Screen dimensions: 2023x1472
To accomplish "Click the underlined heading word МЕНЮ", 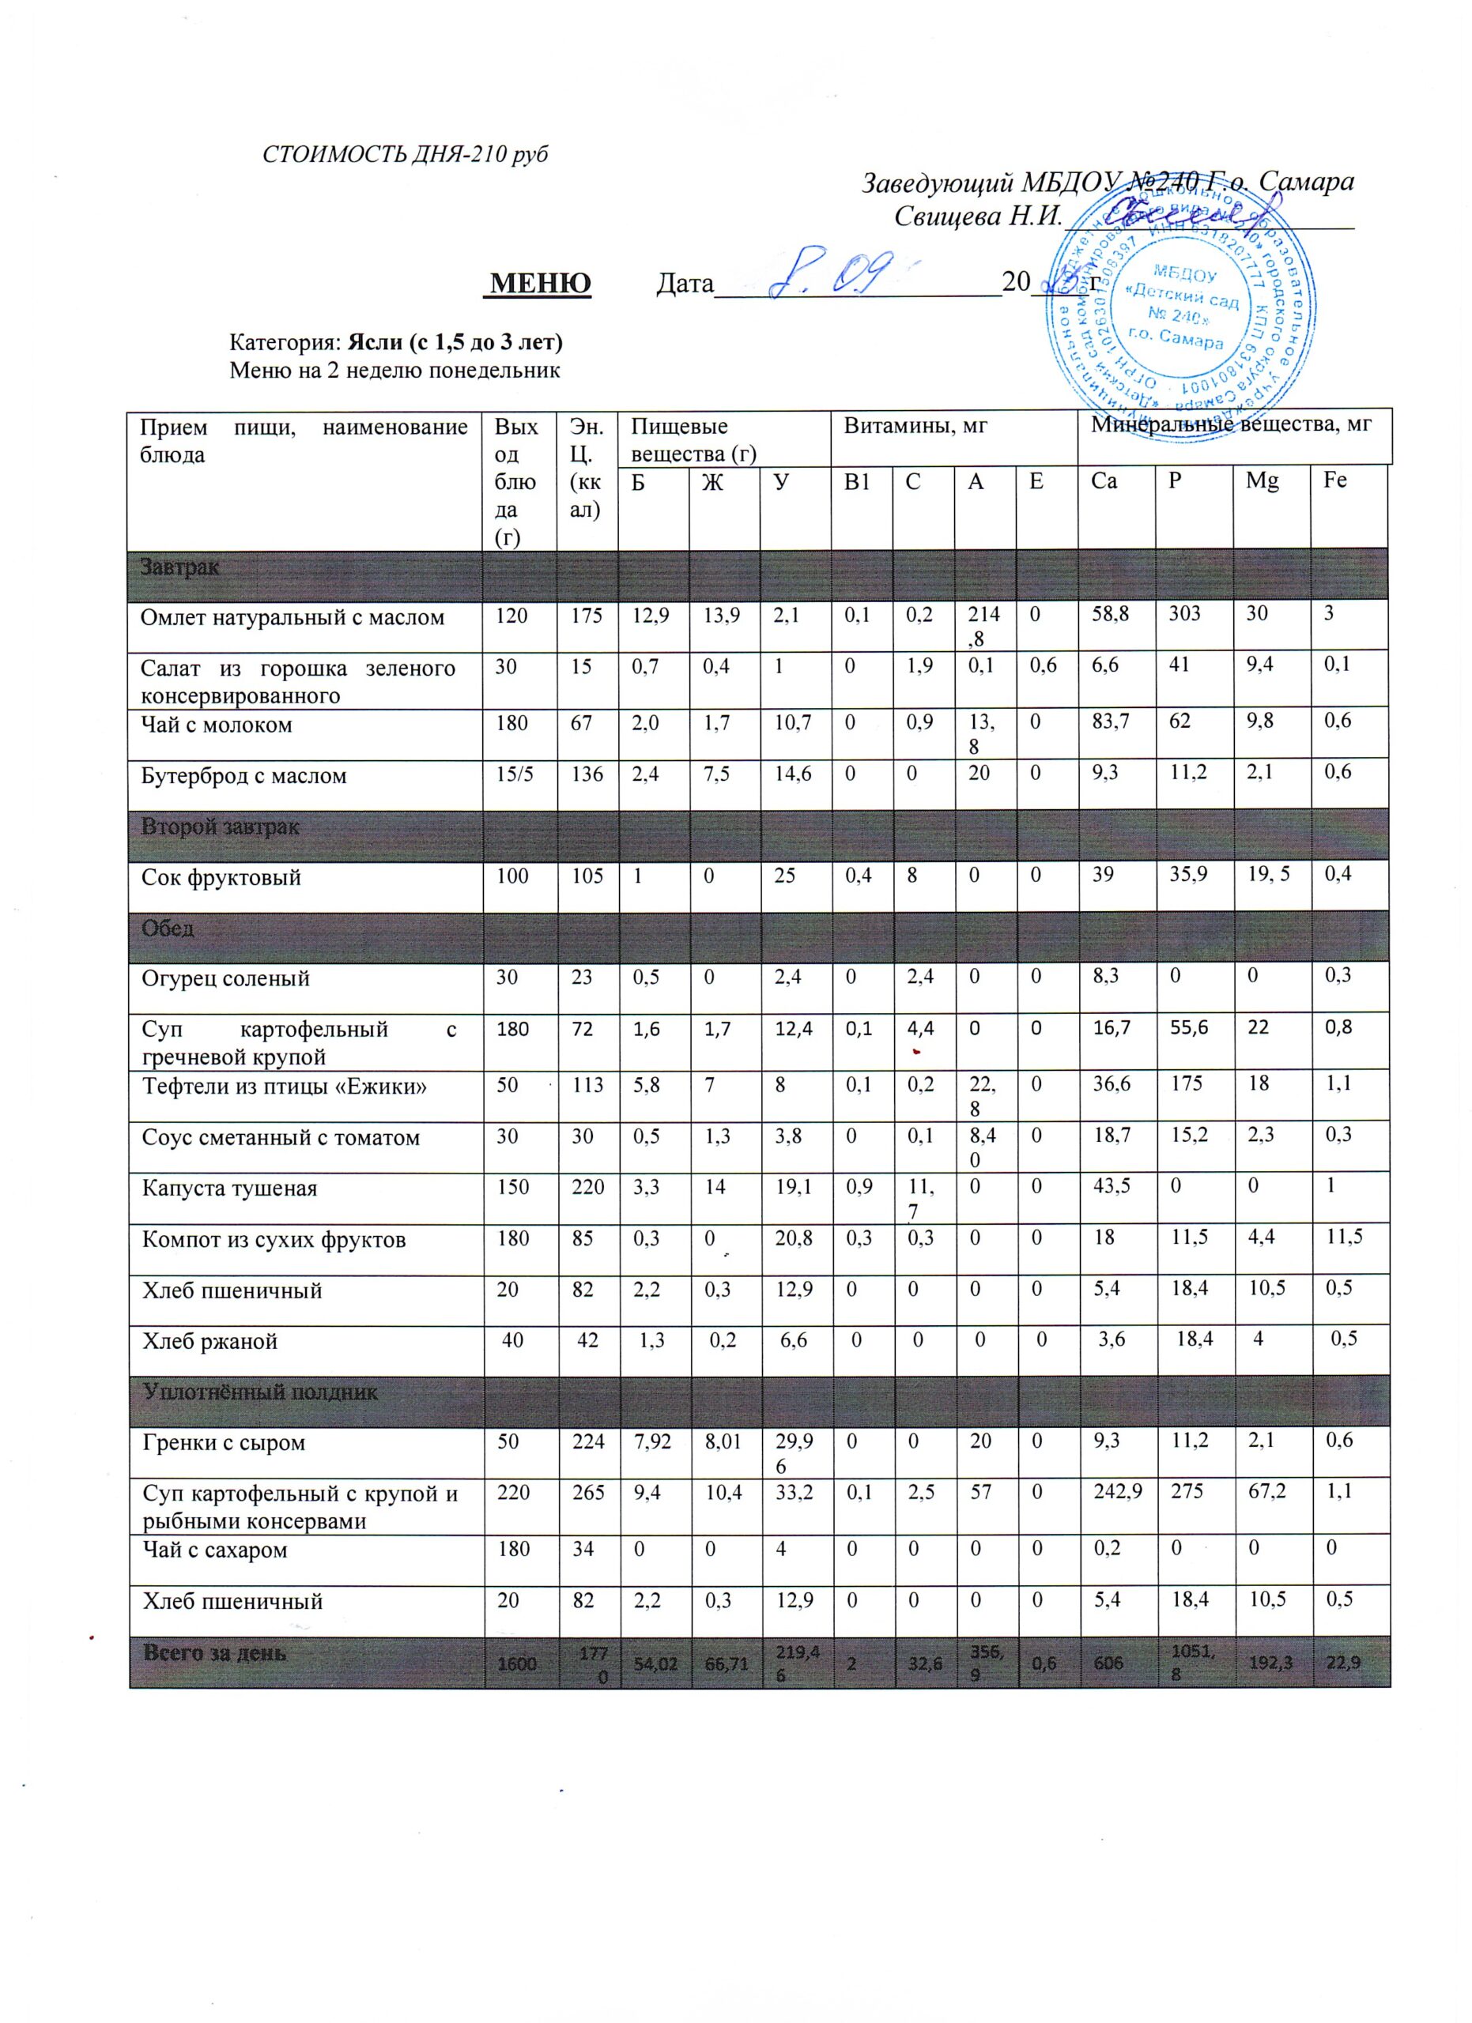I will point(541,284).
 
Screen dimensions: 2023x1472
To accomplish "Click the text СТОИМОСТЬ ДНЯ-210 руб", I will point(404,154).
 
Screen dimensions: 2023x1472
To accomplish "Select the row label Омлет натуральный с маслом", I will point(293,617).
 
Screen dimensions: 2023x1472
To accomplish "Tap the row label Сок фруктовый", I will point(221,878).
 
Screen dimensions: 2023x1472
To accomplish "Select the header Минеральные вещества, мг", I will point(1231,427).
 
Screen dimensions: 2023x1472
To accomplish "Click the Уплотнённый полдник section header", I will point(259,1392).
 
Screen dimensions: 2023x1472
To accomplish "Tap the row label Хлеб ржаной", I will point(210,1342).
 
